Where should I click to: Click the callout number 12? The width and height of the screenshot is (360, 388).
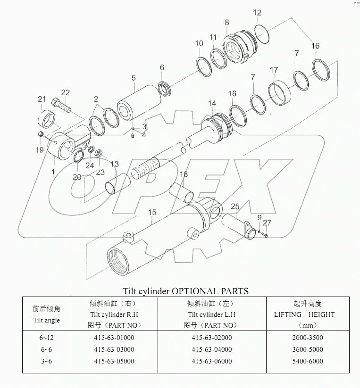[257, 13]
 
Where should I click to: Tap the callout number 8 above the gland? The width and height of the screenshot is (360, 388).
[227, 22]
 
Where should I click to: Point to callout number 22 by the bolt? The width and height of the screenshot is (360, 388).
[65, 92]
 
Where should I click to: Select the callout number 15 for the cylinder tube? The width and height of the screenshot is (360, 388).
[152, 213]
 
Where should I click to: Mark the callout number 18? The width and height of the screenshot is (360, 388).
[183, 174]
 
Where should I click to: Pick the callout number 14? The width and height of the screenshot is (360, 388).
[212, 103]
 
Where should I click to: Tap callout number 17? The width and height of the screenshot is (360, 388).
[274, 70]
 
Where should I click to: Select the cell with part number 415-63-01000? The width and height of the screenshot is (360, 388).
[114, 338]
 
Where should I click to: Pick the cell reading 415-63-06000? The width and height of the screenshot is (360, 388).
[212, 361]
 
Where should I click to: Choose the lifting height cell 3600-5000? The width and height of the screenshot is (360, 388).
[305, 349]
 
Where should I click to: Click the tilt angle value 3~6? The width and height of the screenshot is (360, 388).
[46, 361]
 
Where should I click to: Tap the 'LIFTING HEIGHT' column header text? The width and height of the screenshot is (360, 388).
[304, 314]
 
